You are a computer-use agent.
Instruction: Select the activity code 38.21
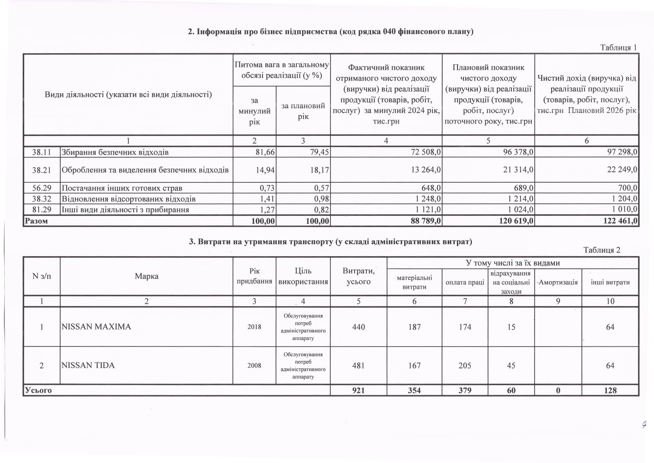[42, 170]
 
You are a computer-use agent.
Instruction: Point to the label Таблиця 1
[618, 48]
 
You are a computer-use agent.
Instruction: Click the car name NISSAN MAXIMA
[96, 327]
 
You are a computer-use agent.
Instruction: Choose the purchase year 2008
[254, 365]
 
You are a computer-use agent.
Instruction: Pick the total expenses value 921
[358, 390]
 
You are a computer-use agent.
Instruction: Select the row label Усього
[38, 390]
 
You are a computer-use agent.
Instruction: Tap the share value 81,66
[265, 152]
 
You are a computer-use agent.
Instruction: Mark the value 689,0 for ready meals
[524, 188]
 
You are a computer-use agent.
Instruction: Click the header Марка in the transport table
[146, 276]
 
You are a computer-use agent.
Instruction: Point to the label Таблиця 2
[602, 250]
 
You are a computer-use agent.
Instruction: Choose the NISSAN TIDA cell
[88, 365]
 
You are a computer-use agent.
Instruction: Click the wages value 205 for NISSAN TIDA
[465, 365]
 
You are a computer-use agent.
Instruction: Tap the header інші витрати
[610, 282]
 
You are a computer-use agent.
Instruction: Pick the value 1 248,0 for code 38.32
[428, 199]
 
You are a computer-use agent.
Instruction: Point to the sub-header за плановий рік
[303, 111]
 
